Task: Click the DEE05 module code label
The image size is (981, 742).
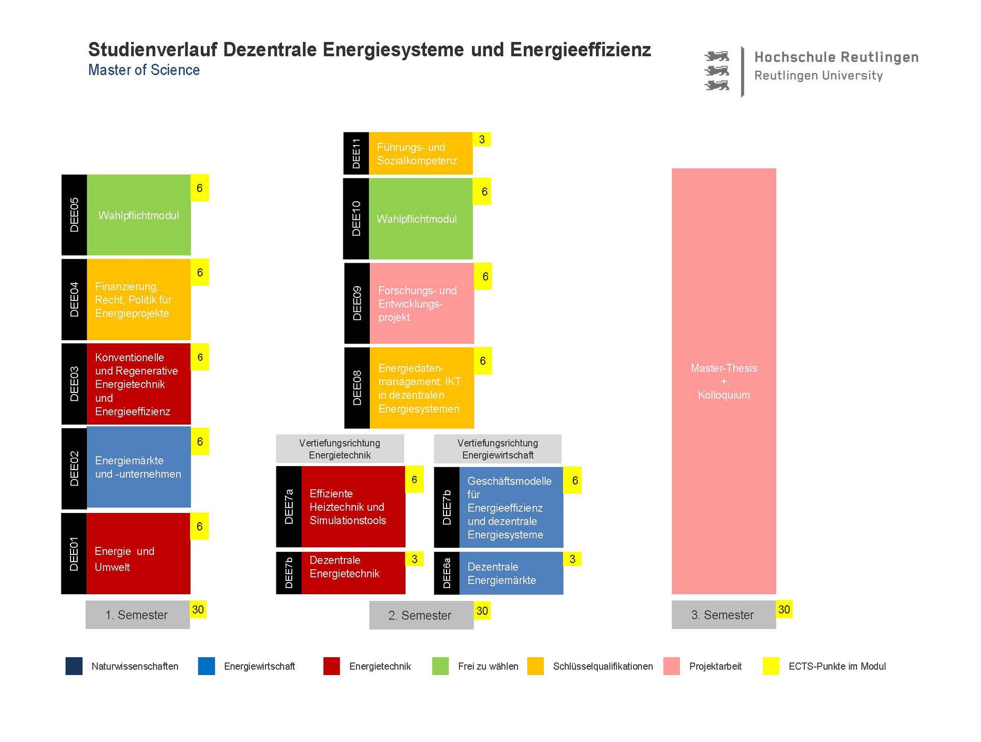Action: (x=74, y=215)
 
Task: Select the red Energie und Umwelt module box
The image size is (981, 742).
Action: (x=138, y=553)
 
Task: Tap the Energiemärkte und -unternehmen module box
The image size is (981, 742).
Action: (x=138, y=467)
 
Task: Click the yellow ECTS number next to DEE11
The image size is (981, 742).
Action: (x=482, y=140)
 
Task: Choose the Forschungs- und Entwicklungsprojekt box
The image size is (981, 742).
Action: (x=422, y=304)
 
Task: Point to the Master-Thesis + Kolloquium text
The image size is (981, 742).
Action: (x=723, y=381)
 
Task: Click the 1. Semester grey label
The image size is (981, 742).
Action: (x=137, y=615)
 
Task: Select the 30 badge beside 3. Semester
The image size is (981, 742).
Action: (x=784, y=610)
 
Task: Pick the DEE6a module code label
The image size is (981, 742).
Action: (x=447, y=573)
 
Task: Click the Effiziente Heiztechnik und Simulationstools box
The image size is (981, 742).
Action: (x=353, y=507)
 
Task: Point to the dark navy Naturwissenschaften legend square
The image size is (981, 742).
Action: (x=74, y=666)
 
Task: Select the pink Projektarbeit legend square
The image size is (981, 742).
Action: (x=671, y=666)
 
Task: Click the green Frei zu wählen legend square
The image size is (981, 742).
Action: (x=440, y=666)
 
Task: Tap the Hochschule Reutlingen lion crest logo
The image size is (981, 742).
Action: (x=717, y=71)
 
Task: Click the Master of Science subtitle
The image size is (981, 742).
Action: (x=144, y=70)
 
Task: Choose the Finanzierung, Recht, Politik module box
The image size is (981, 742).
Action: (x=138, y=300)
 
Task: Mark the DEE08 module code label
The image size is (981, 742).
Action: (x=357, y=388)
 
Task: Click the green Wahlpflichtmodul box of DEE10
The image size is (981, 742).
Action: (x=421, y=219)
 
